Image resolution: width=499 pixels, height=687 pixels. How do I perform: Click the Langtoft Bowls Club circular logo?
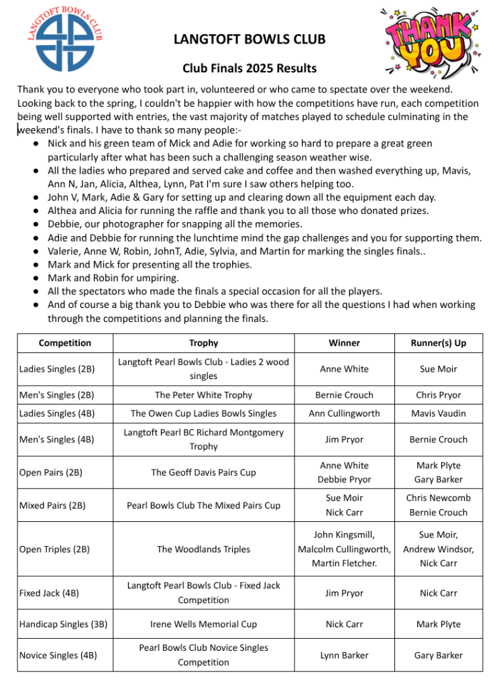point(64,39)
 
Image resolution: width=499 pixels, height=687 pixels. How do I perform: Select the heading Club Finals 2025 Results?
point(249,68)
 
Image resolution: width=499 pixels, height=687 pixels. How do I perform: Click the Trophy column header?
point(203,343)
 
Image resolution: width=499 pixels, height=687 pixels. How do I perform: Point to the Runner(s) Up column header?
point(438,343)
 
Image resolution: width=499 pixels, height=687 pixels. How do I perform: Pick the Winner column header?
point(344,343)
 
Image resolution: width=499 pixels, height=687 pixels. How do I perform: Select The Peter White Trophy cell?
point(203,395)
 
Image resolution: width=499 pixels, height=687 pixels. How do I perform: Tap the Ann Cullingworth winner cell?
point(344,413)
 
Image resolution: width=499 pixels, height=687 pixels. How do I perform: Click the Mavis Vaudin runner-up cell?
point(438,413)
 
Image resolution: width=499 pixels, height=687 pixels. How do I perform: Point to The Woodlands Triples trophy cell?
point(203,549)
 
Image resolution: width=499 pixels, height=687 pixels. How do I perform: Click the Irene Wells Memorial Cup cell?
point(203,624)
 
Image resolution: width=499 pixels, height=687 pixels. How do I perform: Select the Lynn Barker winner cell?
point(344,655)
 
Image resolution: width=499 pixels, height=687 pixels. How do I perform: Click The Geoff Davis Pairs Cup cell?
point(203,472)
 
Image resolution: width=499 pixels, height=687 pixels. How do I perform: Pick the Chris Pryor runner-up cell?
point(438,395)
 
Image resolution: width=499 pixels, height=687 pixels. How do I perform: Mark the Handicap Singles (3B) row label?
point(63,624)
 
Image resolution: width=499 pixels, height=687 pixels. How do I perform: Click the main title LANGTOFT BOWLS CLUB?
point(249,39)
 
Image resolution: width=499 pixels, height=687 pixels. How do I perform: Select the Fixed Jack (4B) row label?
point(49,593)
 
